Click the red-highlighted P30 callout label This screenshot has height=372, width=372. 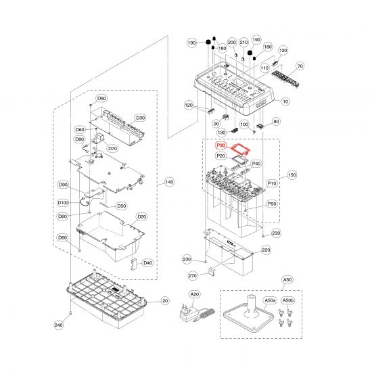tap(221, 145)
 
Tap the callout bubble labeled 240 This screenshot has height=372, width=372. tap(59, 325)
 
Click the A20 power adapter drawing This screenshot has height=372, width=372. tap(197, 312)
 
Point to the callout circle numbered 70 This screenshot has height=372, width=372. tap(300, 66)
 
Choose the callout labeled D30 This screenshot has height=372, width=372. tap(140, 118)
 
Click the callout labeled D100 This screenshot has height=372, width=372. tap(63, 203)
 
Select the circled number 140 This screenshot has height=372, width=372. tap(169, 182)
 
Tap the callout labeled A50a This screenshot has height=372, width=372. tap(270, 300)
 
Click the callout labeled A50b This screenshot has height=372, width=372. tap(287, 300)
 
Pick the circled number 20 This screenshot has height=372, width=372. tap(165, 301)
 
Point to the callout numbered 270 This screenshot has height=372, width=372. tap(192, 276)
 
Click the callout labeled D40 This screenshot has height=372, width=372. tap(147, 262)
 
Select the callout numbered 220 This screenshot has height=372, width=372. tap(266, 250)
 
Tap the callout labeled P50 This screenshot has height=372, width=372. tap(272, 204)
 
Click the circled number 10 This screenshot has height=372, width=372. tap(285, 101)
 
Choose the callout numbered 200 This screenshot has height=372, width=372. tap(232, 42)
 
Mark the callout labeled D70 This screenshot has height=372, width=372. tap(113, 149)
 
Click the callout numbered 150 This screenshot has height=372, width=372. tap(292, 175)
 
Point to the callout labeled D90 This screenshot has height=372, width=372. tap(63, 185)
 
